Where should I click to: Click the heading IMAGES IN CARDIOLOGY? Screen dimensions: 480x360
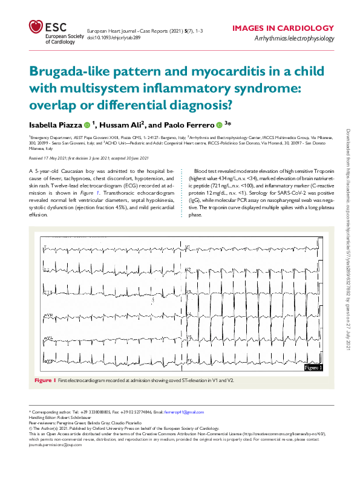(283, 28)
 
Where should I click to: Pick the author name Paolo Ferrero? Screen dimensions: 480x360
(189, 125)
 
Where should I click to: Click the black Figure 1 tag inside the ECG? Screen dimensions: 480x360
(313, 367)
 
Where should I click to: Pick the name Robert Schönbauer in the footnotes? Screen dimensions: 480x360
(72, 417)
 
